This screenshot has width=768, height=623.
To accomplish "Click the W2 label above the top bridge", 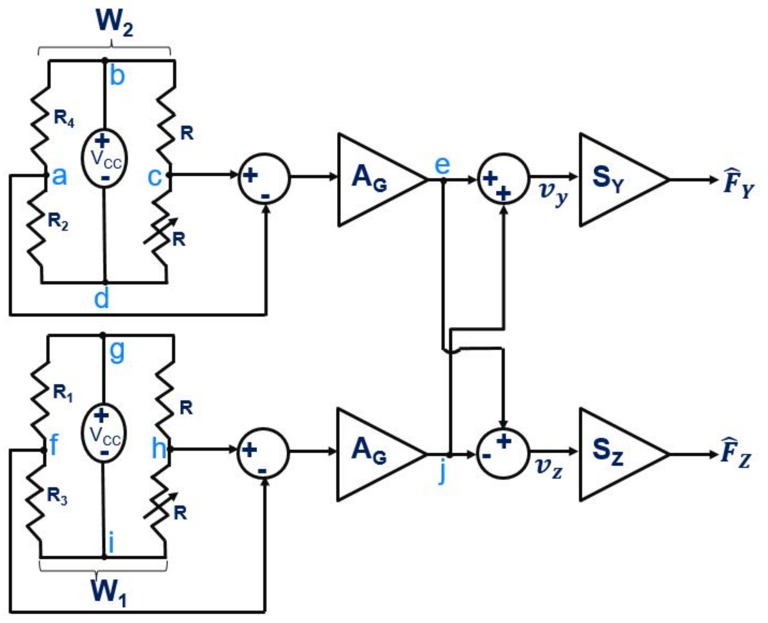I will tap(114, 23).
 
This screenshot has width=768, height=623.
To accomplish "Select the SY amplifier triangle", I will tap(616, 180).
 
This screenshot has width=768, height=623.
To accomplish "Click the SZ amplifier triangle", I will tap(616, 454).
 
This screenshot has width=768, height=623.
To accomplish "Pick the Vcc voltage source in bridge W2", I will tap(104, 158).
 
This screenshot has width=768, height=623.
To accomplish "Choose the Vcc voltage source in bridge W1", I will tap(104, 433).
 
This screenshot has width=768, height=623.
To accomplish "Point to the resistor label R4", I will tap(64, 118).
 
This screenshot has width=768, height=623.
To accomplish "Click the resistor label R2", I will tap(58, 221).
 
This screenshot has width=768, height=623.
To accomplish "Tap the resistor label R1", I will tap(63, 392).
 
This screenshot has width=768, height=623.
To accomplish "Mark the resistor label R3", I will tap(57, 495).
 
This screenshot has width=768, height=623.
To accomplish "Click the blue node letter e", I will tap(442, 165).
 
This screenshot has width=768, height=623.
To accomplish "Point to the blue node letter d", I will tap(102, 298).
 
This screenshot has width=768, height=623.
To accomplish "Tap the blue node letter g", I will tap(117, 351).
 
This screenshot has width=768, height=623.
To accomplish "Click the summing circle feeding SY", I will tap(503, 179).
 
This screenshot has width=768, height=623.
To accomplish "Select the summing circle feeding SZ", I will tap(502, 453).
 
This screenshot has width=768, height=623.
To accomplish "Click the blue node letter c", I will tap(154, 177).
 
